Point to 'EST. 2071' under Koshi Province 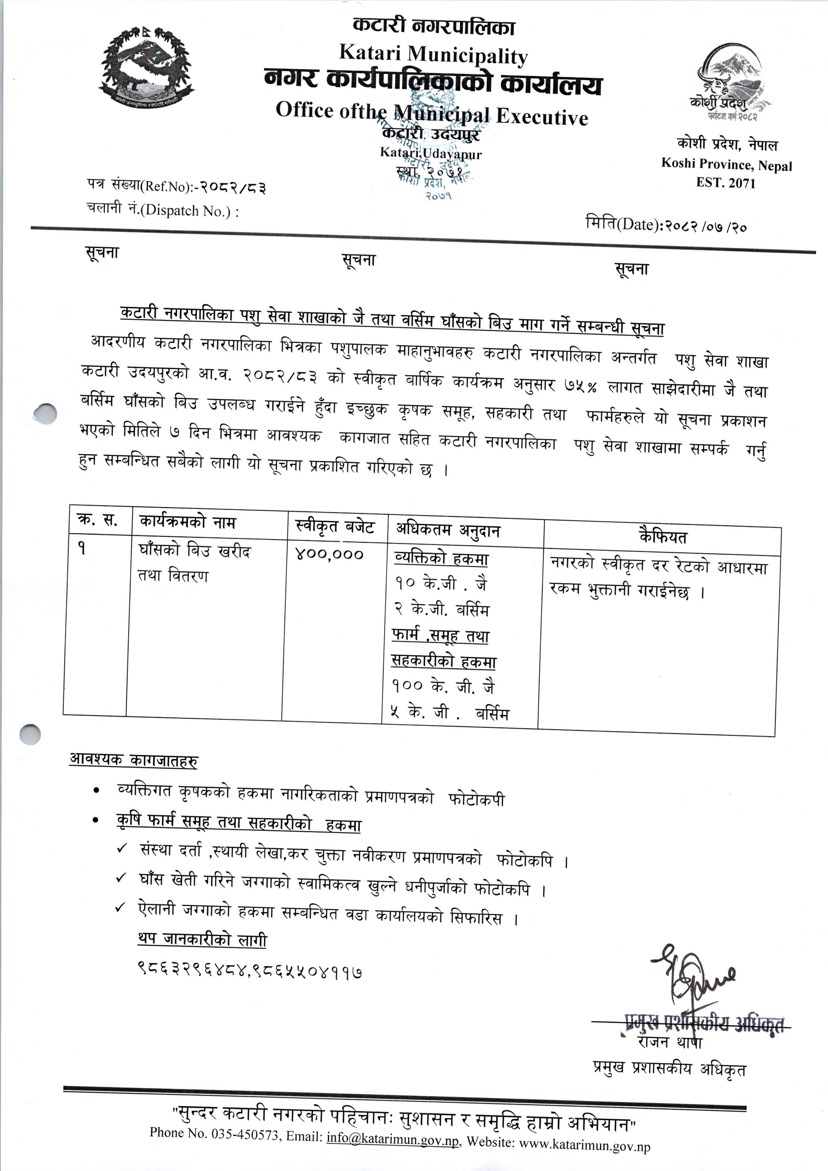(726, 183)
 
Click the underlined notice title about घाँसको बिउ (392, 320)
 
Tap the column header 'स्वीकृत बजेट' (335, 527)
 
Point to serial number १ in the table (81, 549)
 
